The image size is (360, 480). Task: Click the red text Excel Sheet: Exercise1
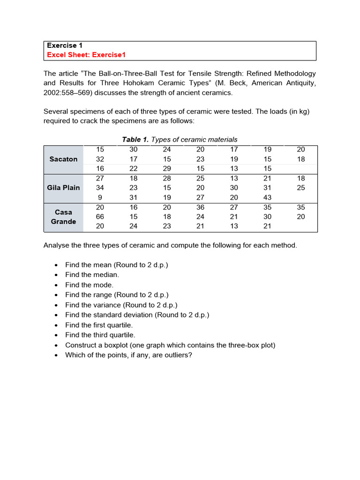pyautogui.click(x=86, y=55)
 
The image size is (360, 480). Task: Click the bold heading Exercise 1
pyautogui.click(x=64, y=45)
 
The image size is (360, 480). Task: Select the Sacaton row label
pyautogui.click(x=63, y=159)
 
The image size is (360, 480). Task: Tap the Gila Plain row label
pyautogui.click(x=63, y=187)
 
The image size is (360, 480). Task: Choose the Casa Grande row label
pyautogui.click(x=63, y=217)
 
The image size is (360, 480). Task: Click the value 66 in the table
pyautogui.click(x=100, y=217)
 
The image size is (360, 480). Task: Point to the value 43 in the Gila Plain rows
pyautogui.click(x=267, y=197)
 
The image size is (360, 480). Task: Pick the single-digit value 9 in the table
pyautogui.click(x=100, y=197)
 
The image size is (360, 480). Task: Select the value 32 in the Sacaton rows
pyautogui.click(x=100, y=159)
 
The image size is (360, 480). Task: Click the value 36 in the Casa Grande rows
pyautogui.click(x=200, y=207)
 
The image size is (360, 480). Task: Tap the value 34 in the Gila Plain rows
pyautogui.click(x=100, y=187)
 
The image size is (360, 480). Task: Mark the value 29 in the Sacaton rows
pyautogui.click(x=167, y=168)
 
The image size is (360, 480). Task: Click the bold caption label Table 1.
pyautogui.click(x=135, y=139)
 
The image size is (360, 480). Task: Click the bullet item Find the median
pyautogui.click(x=92, y=275)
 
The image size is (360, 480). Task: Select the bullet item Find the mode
pyautogui.click(x=89, y=285)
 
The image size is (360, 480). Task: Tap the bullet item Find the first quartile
pyautogui.click(x=99, y=325)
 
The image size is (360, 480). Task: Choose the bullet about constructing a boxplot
pyautogui.click(x=170, y=345)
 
